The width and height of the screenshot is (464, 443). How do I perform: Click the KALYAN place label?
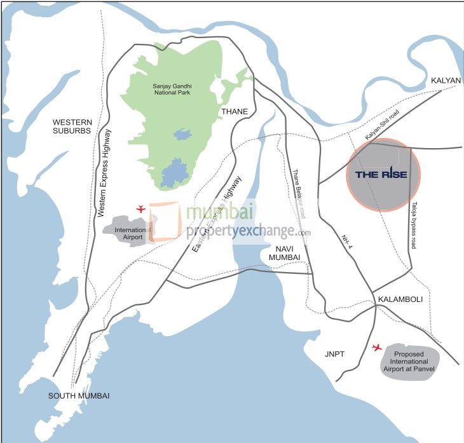[446, 81]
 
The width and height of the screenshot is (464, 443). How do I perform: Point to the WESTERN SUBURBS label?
[72, 126]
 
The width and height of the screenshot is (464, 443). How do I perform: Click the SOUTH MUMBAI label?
[79, 395]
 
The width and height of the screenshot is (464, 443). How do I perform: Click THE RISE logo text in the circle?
[380, 175]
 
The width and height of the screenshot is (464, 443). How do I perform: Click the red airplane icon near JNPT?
[377, 348]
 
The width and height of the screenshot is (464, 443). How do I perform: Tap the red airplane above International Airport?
[141, 208]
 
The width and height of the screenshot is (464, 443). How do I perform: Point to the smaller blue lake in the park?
[182, 134]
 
